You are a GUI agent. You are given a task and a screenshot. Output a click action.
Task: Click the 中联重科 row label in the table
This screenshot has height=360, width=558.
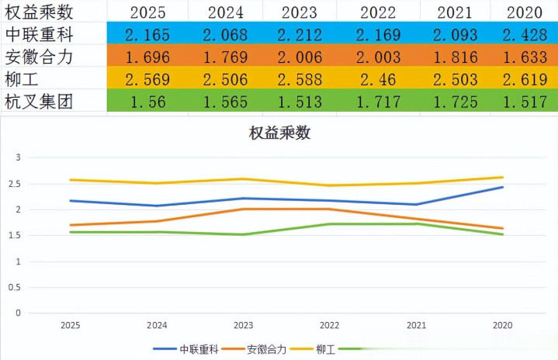click(40, 34)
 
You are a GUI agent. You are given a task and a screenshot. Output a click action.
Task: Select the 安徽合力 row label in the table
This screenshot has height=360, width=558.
click(40, 57)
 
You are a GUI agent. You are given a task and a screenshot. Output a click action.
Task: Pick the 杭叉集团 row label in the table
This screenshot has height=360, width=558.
click(40, 102)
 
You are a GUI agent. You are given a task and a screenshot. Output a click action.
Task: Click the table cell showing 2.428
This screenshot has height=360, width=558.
click(524, 34)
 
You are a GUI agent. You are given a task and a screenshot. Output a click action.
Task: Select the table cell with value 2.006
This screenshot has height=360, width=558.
click(300, 57)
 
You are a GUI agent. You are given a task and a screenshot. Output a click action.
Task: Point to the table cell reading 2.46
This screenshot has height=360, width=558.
click(379, 79)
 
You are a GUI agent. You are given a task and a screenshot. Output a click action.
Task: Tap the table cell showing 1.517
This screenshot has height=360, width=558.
click(524, 102)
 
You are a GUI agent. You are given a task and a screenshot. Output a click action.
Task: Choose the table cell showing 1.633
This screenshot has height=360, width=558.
click(524, 57)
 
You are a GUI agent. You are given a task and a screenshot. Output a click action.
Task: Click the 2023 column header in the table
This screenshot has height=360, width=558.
click(300, 12)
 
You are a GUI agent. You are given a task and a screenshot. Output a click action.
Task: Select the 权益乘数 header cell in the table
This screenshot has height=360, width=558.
click(40, 12)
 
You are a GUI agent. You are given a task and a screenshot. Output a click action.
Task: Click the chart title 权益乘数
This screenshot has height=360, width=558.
click(279, 133)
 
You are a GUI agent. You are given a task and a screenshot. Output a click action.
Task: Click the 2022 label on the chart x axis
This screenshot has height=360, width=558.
click(329, 326)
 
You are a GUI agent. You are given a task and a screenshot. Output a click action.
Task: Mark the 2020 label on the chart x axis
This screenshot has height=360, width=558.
click(502, 326)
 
